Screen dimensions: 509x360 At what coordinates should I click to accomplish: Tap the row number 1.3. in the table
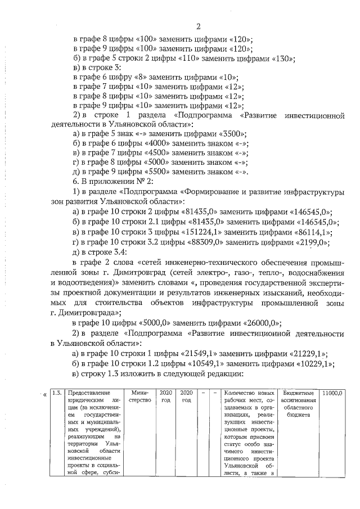coord(57,393)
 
